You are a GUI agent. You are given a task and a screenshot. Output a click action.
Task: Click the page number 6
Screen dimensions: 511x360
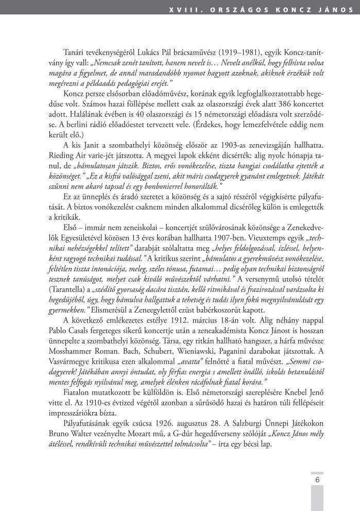click(317, 480)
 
